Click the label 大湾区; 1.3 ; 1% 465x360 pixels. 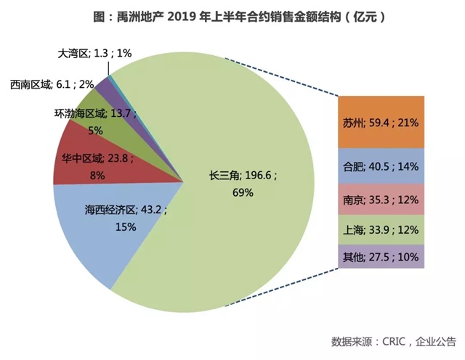tap(94, 53)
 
